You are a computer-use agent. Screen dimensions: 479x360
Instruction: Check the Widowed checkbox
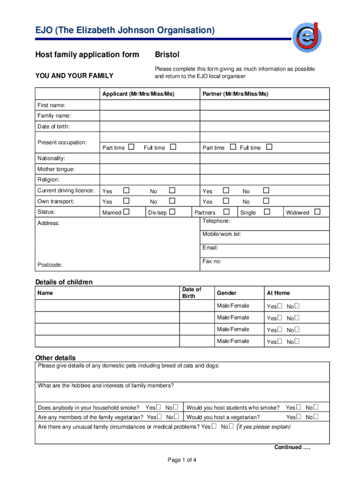pos(317,212)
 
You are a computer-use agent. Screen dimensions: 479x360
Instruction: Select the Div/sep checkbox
pos(172,212)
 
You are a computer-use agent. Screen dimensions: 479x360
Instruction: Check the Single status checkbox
pos(267,212)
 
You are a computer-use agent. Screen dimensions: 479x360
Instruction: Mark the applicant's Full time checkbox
pos(173,147)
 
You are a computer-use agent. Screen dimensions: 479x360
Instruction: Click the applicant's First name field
pos(150,105)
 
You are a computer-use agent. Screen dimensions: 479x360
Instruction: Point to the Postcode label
pos(50,265)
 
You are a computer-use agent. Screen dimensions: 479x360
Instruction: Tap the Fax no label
pos(212,261)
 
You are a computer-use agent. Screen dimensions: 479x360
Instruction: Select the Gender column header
pos(227,293)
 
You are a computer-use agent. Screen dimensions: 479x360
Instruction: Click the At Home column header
pos(278,293)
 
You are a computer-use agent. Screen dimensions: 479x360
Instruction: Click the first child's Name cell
pos(108,306)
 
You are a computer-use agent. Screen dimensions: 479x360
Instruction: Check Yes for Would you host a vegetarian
pos(298,416)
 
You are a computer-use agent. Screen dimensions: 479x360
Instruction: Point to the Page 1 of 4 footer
pos(182,460)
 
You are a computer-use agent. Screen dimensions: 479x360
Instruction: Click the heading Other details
pos(55,358)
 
